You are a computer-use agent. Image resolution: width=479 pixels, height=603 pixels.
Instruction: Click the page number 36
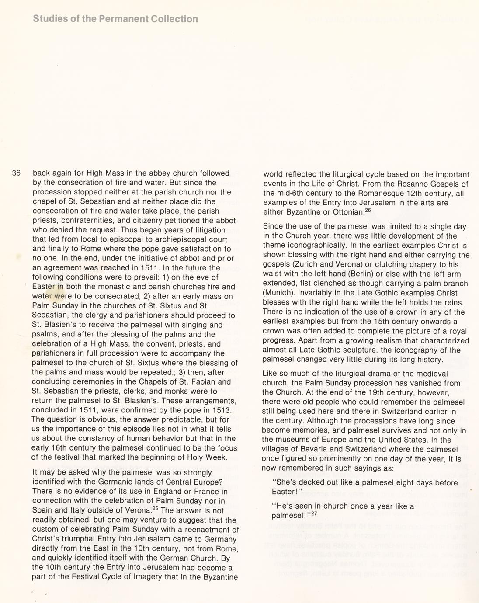[16, 173]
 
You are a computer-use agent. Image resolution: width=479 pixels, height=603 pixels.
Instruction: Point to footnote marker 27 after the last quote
[313, 513]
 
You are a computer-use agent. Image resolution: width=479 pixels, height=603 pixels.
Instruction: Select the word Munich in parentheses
[277, 293]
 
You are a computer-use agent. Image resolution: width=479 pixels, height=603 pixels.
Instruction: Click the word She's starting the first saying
[285, 483]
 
